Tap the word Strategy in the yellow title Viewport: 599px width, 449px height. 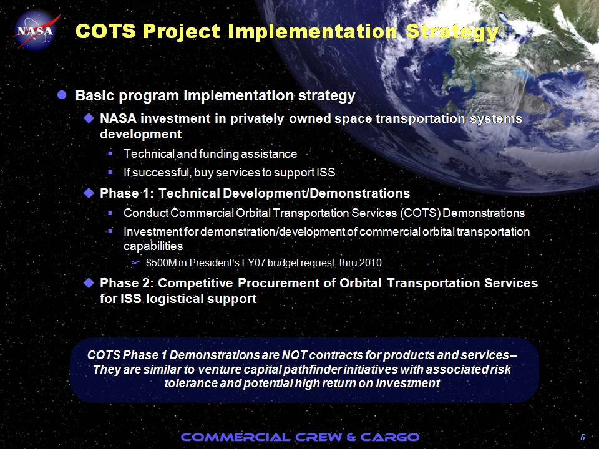click(x=452, y=32)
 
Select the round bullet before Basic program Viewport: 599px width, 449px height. click(x=62, y=95)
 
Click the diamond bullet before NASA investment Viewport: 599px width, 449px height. click(x=89, y=118)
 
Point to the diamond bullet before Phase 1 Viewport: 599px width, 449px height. click(x=89, y=193)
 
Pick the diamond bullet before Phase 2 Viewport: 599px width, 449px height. click(x=89, y=283)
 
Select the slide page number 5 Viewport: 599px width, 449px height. click(x=583, y=438)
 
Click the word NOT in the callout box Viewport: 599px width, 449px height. click(x=294, y=355)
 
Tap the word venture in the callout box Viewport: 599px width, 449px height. click(x=220, y=370)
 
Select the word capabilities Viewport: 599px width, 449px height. click(x=153, y=247)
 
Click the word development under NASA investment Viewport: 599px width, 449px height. click(x=140, y=135)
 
